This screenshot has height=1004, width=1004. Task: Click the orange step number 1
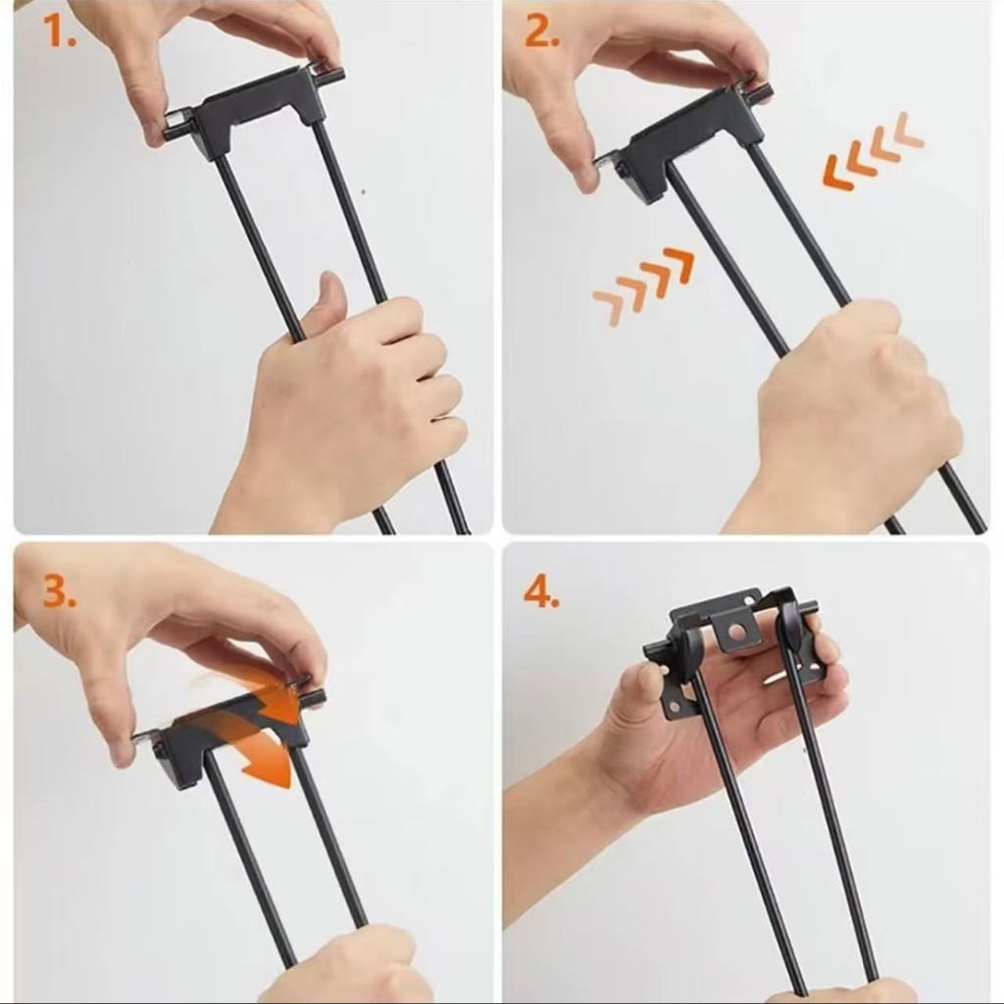pos(59,32)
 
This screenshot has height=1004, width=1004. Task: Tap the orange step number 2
pos(541,32)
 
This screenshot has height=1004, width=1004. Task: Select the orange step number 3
pos(60,591)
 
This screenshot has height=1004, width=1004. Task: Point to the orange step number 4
pos(541,591)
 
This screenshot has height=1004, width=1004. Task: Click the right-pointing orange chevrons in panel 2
pos(643,285)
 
